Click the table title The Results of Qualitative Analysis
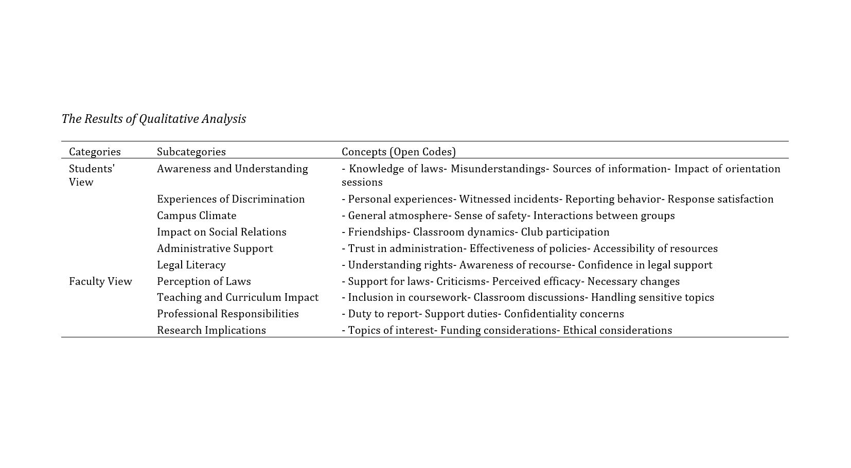tap(153, 119)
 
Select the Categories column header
tap(95, 152)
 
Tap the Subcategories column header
tap(191, 152)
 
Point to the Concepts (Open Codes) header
tap(398, 152)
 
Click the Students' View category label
tap(92, 175)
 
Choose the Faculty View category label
tap(100, 281)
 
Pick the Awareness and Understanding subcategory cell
tap(232, 169)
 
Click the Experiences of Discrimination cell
tap(231, 199)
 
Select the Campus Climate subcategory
tap(197, 215)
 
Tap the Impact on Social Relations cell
tap(221, 232)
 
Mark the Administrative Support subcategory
tap(215, 248)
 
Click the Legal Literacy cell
tap(191, 265)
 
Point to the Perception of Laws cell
tap(204, 281)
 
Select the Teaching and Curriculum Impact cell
tap(237, 297)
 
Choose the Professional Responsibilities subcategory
tap(227, 314)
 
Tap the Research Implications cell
tap(211, 330)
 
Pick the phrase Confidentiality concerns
tap(563, 314)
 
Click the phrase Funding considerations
tap(498, 330)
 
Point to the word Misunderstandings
tap(498, 169)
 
